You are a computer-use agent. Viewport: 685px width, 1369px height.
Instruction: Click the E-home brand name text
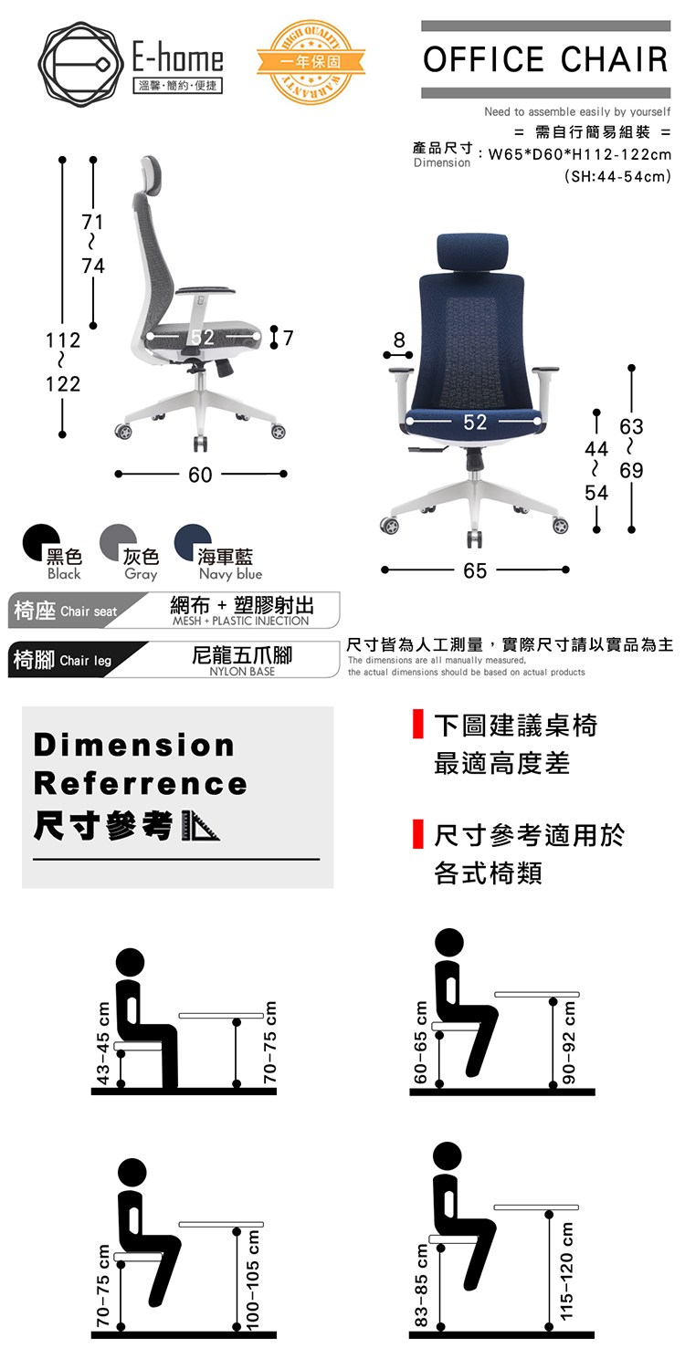pyautogui.click(x=178, y=58)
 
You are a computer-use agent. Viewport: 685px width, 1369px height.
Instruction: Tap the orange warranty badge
pyautogui.click(x=311, y=62)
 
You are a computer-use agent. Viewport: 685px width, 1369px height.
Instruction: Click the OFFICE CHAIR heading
pyautogui.click(x=545, y=59)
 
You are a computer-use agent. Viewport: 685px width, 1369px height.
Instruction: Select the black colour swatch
pyautogui.click(x=40, y=542)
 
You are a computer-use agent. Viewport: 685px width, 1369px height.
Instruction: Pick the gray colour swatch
pyautogui.click(x=118, y=542)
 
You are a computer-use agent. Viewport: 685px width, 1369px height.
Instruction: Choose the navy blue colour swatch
pyautogui.click(x=192, y=542)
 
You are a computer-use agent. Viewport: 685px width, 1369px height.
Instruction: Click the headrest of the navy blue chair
pyautogui.click(x=473, y=251)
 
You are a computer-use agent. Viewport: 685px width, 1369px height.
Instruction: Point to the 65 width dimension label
pyautogui.click(x=475, y=570)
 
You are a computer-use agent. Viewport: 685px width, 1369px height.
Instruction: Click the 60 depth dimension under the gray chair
pyautogui.click(x=200, y=475)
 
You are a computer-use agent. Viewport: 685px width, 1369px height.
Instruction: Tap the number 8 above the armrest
pyautogui.click(x=399, y=340)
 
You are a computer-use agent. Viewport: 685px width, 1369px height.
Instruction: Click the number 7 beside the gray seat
pyautogui.click(x=288, y=338)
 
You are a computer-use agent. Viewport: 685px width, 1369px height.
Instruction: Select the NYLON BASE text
pyautogui.click(x=242, y=671)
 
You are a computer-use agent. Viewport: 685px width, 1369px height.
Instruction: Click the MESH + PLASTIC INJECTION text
pyautogui.click(x=240, y=621)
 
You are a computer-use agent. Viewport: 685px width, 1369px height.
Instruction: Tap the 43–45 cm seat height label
pyautogui.click(x=103, y=1042)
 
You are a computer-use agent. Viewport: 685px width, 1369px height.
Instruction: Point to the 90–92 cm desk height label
pyautogui.click(x=569, y=1041)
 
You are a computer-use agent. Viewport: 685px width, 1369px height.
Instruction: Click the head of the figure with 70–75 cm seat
pyautogui.click(x=132, y=1172)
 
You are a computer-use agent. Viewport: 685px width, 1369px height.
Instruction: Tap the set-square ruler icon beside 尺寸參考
pyautogui.click(x=200, y=826)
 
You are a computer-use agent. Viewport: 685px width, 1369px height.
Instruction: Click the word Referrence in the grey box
pyautogui.click(x=141, y=784)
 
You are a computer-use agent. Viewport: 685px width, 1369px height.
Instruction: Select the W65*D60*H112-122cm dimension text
pyautogui.click(x=579, y=154)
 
